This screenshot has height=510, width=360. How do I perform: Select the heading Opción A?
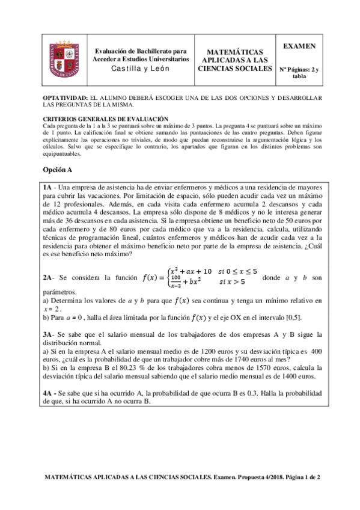click(58, 170)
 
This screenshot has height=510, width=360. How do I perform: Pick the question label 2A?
click(49, 278)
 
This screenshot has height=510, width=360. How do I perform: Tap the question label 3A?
click(49, 334)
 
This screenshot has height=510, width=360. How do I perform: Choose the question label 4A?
click(49, 393)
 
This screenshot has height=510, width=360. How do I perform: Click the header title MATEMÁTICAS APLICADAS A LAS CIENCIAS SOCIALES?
click(234, 61)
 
